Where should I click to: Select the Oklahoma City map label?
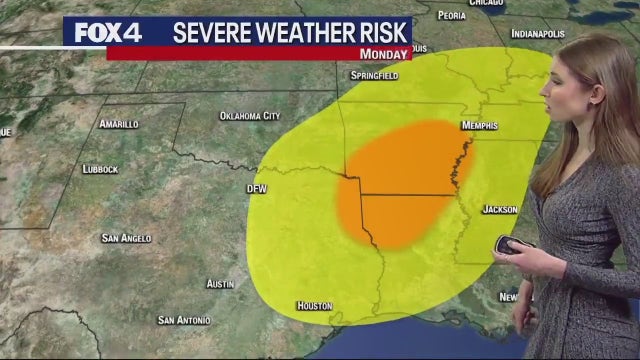tap(250, 116)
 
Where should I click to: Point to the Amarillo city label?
tap(119, 124)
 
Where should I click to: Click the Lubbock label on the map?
tap(100, 170)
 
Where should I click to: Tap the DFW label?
tap(257, 188)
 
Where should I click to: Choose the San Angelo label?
tap(126, 238)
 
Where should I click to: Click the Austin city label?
tap(220, 284)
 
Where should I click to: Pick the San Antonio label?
tap(184, 320)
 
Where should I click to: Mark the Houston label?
tap(314, 305)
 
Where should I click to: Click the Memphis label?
tap(479, 126)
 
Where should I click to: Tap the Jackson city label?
tap(500, 210)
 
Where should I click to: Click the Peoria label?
tap(452, 16)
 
